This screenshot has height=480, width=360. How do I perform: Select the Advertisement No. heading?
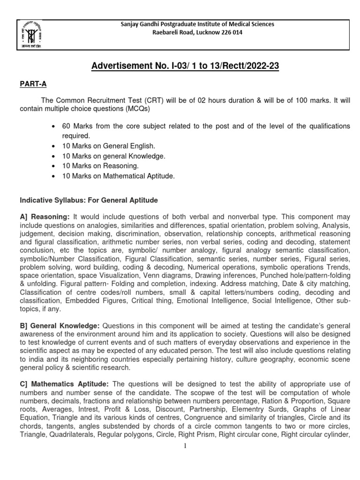pyautogui.click(x=185, y=67)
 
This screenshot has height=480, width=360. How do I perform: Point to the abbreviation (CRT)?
pyautogui.click(x=127, y=100)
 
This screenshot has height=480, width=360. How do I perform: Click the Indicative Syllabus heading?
pyautogui.click(x=89, y=200)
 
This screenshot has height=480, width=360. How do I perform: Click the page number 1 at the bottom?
pyautogui.click(x=185, y=446)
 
